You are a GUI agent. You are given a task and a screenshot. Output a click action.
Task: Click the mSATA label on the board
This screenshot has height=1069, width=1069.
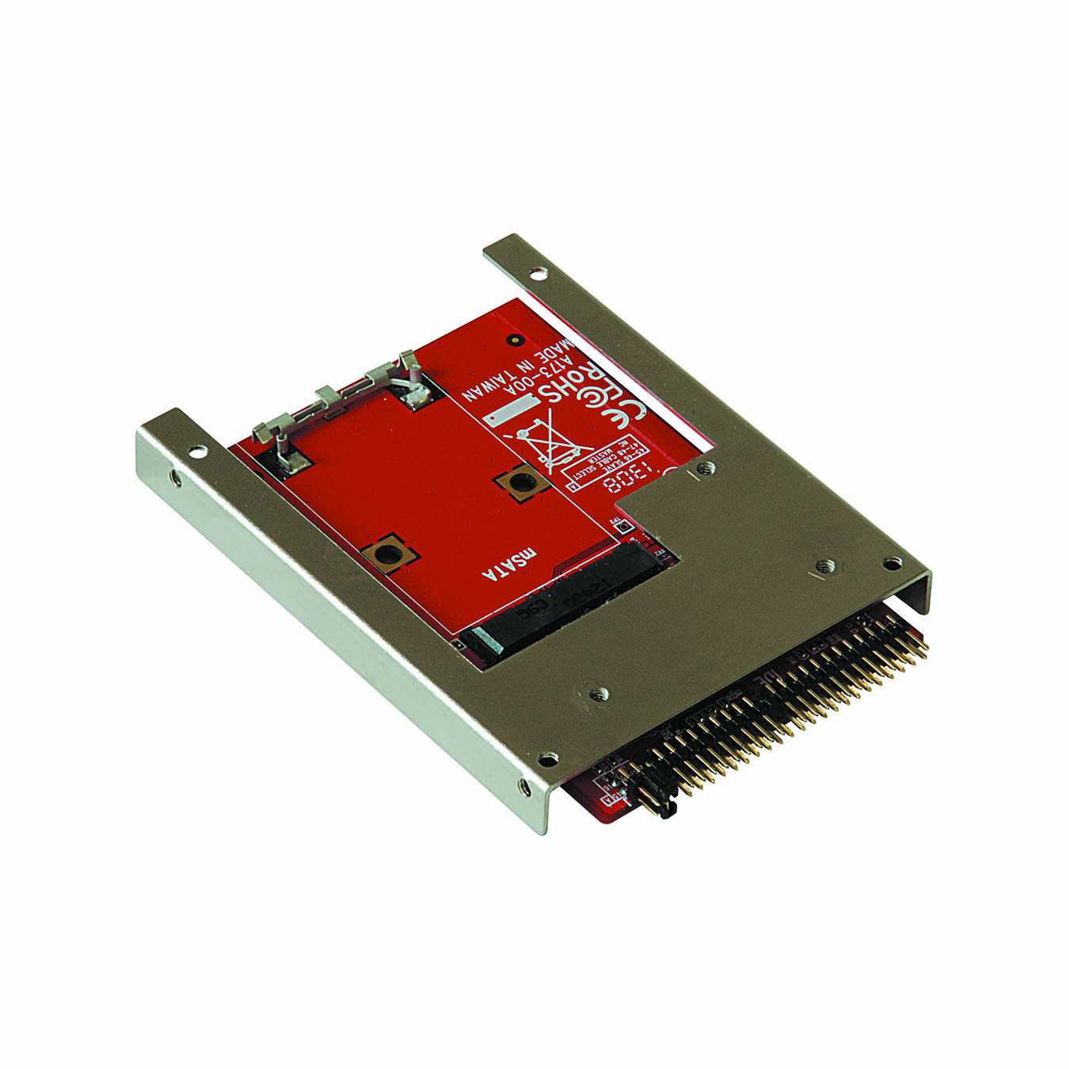[x=515, y=563]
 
